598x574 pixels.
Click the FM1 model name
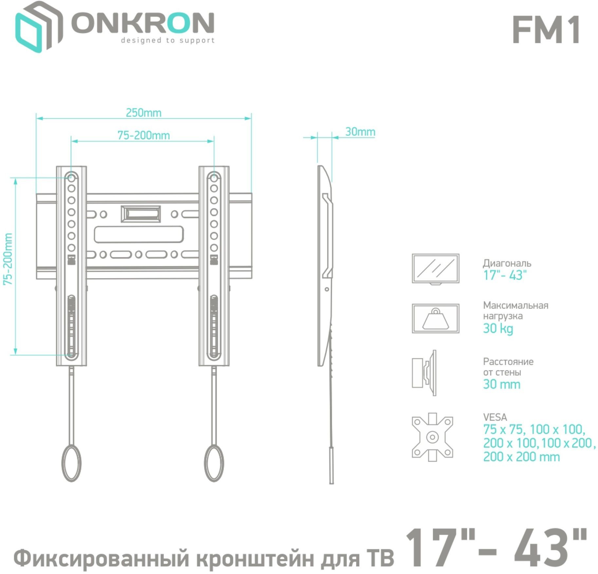click(546, 30)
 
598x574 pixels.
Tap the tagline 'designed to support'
click(167, 41)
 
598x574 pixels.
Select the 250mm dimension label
click(143, 113)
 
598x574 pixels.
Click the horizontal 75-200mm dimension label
click(143, 135)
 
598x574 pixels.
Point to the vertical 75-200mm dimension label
click(8, 259)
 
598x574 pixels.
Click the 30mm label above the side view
click(360, 132)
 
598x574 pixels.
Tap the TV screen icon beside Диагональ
click(435, 269)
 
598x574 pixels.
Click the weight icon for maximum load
click(435, 318)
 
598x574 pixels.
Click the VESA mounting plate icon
click(432, 437)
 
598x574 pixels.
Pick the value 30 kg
click(498, 329)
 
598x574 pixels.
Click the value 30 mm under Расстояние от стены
click(501, 384)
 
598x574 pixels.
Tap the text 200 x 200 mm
click(521, 457)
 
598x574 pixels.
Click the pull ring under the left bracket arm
click(71, 463)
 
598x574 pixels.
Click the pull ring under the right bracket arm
click(214, 463)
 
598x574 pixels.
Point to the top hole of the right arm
click(214, 177)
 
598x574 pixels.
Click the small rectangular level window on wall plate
click(140, 214)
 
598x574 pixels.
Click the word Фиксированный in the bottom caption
click(101, 558)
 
